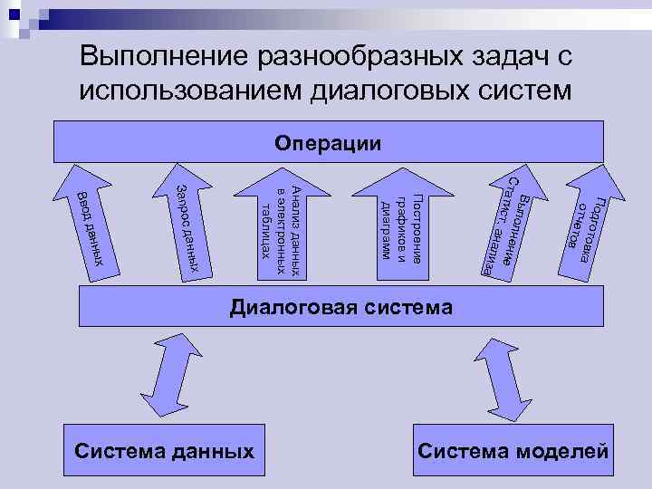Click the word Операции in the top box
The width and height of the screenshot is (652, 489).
point(328,144)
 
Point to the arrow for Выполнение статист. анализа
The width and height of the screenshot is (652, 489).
point(508,226)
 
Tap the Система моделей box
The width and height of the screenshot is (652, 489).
point(513,451)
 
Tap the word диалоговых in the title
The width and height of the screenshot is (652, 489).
point(398,91)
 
